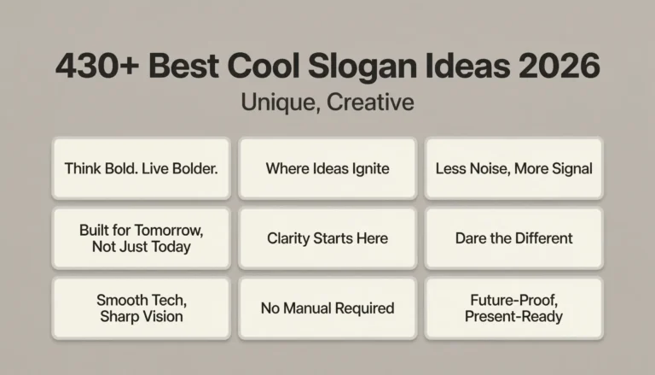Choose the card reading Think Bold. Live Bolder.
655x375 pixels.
point(142,168)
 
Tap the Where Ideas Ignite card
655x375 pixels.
point(327,168)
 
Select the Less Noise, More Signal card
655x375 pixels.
point(513,168)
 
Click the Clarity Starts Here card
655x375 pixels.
point(327,238)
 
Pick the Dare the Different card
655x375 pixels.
point(513,238)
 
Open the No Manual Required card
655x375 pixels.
point(327,308)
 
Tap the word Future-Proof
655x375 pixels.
point(513,300)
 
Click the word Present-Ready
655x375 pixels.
point(513,316)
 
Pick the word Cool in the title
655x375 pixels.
point(259,67)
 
